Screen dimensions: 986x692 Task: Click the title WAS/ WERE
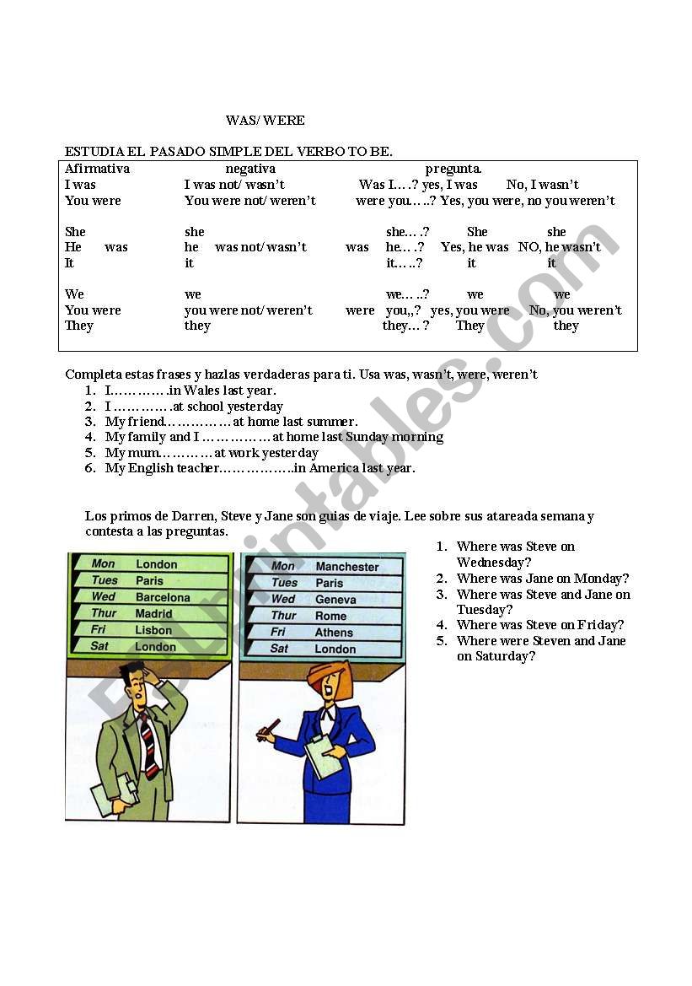click(265, 121)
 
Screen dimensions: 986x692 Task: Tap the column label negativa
click(250, 169)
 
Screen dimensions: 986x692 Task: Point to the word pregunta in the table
click(453, 169)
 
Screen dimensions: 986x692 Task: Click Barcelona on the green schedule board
click(163, 597)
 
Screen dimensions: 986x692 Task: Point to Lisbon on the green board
click(153, 630)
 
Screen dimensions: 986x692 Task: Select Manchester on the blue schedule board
click(347, 567)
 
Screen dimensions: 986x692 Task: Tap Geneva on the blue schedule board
click(335, 600)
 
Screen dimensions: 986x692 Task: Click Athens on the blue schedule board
click(334, 633)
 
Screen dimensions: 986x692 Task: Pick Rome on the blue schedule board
click(330, 616)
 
